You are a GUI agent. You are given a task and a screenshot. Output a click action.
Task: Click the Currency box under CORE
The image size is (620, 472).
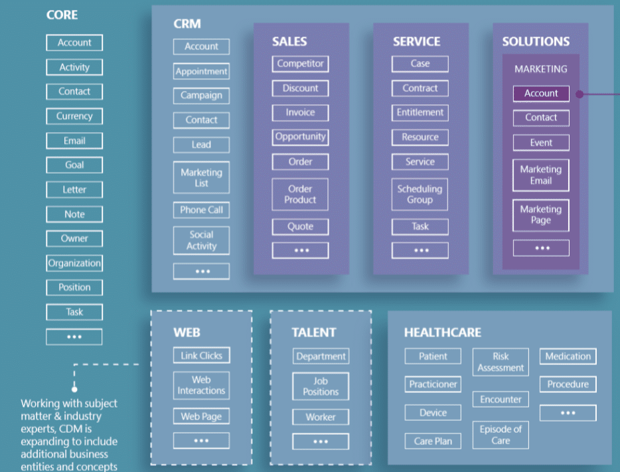pyautogui.click(x=74, y=116)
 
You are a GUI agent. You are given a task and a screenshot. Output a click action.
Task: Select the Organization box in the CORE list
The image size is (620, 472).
pyautogui.click(x=74, y=264)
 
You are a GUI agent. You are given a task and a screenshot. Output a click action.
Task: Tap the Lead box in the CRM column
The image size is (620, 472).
pyautogui.click(x=201, y=145)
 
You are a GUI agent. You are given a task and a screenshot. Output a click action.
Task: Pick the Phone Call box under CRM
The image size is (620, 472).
pyautogui.click(x=201, y=210)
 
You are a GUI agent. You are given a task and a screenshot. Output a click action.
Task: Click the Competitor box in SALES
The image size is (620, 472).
pyautogui.click(x=300, y=64)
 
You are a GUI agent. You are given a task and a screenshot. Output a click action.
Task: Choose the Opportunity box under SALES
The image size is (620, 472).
pyautogui.click(x=300, y=137)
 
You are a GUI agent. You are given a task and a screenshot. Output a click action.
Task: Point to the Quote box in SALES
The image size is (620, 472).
pyautogui.click(x=300, y=226)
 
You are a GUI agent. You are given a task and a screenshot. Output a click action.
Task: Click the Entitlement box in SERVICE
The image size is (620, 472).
pyautogui.click(x=420, y=113)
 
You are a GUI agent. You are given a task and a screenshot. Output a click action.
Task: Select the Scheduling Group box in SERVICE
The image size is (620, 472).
pyautogui.click(x=420, y=194)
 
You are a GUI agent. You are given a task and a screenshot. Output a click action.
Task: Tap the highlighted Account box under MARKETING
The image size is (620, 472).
pyautogui.click(x=541, y=94)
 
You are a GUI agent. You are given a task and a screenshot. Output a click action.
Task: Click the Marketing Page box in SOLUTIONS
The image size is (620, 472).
pyautogui.click(x=541, y=215)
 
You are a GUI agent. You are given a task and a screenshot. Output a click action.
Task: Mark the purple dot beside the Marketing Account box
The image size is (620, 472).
pyautogui.click(x=580, y=94)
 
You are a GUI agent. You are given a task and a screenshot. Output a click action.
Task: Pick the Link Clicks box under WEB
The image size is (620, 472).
pyautogui.click(x=201, y=355)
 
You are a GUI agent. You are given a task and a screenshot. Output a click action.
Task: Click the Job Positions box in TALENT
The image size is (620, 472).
pyautogui.click(x=321, y=386)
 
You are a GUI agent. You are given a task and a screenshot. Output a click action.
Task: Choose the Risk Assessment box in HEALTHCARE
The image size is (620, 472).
pyautogui.click(x=501, y=362)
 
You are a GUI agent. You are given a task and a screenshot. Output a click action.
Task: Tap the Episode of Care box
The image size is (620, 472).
pyautogui.click(x=501, y=435)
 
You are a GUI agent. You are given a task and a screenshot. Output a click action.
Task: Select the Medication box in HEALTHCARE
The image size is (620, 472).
pyautogui.click(x=568, y=356)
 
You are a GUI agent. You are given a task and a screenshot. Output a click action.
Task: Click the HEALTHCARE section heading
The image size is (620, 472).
pyautogui.click(x=443, y=333)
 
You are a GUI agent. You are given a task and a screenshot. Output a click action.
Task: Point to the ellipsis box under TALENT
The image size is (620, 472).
pyautogui.click(x=321, y=441)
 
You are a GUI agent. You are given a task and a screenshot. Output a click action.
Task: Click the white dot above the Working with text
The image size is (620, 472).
pyautogui.click(x=74, y=389)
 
